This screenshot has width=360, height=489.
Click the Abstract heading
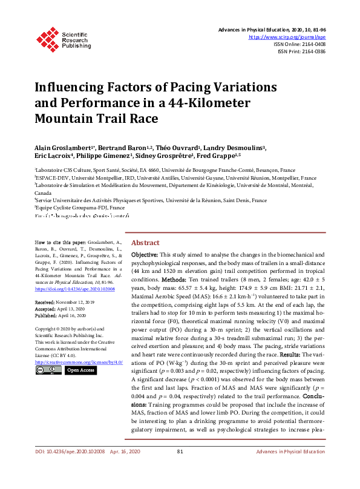pyautogui.click(x=145, y=241)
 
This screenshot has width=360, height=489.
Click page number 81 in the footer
pyautogui.click(x=180, y=468)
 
